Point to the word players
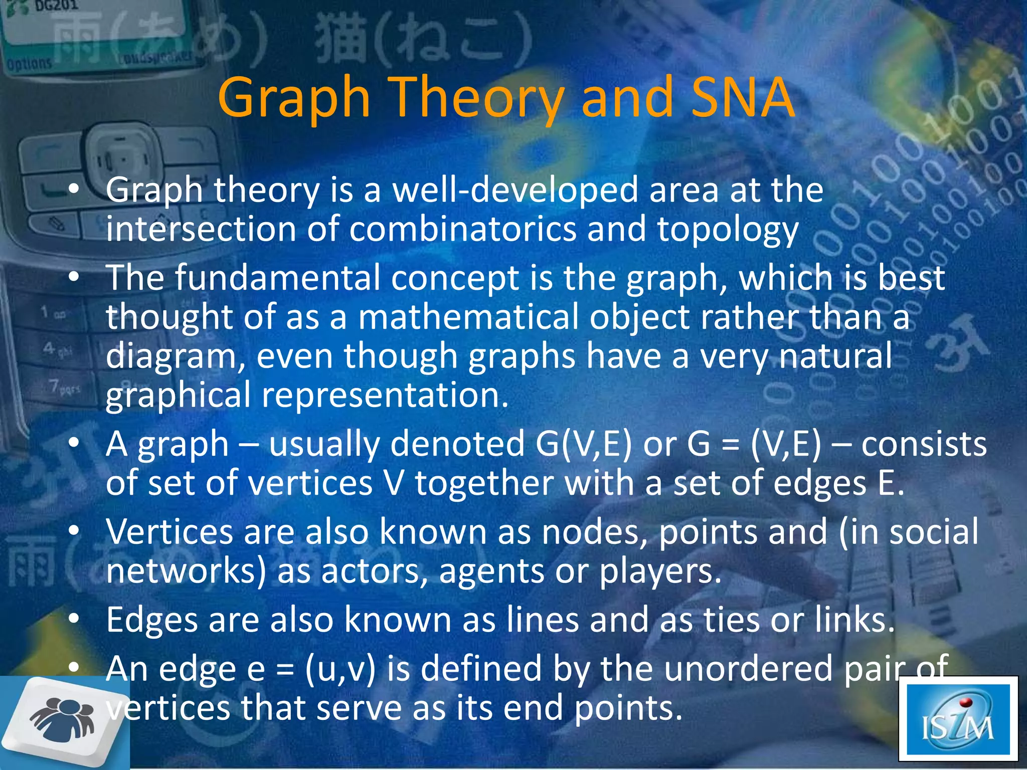pyautogui.click(x=660, y=571)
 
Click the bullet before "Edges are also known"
pyautogui.click(x=74, y=620)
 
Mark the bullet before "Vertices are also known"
pyautogui.click(x=74, y=531)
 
